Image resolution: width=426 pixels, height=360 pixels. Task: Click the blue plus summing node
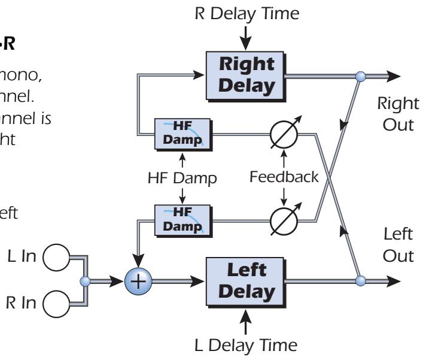coord(138,280)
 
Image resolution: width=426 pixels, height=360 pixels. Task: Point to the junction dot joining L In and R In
coord(87,280)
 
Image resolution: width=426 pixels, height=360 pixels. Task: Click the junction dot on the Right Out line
coord(360,75)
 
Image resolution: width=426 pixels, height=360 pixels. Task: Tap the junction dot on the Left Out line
coord(360,280)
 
